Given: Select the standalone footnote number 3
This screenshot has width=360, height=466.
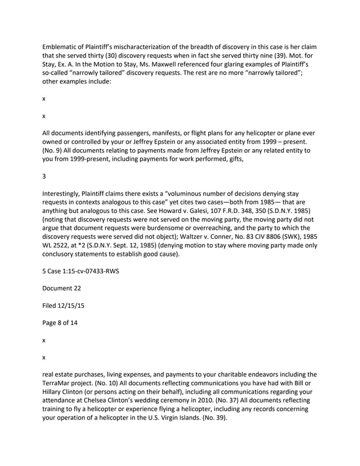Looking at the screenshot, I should pyautogui.click(x=45, y=176).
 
